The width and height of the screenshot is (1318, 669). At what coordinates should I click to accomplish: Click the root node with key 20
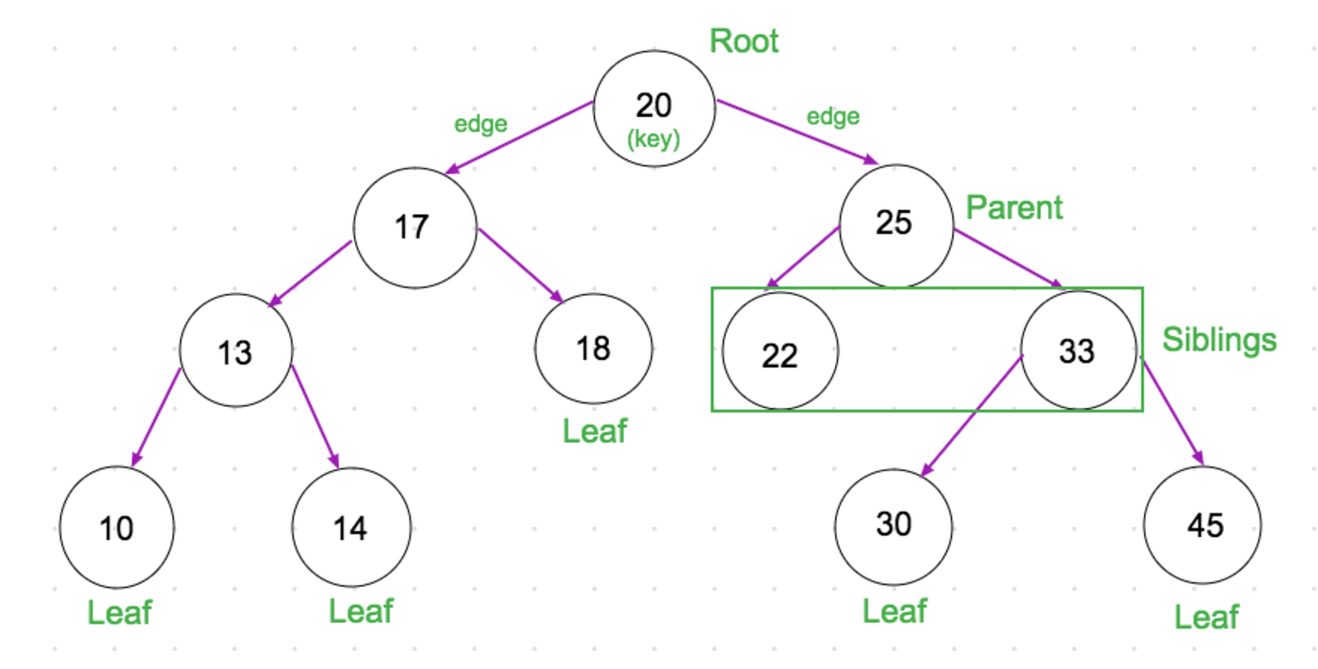click(654, 109)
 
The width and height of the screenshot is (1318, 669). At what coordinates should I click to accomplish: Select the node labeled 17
click(414, 227)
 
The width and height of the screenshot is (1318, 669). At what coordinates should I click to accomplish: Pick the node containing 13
click(235, 351)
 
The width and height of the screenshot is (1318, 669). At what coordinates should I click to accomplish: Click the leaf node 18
click(593, 350)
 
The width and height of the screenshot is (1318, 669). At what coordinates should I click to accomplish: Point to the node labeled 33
click(1079, 351)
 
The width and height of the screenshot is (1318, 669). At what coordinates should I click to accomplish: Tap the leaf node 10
click(117, 528)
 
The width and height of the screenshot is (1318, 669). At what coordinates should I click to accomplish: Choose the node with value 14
click(351, 528)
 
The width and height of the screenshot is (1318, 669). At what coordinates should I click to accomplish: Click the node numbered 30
click(893, 525)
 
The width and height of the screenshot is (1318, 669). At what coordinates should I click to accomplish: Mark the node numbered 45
click(1202, 525)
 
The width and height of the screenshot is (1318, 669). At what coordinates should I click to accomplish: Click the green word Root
click(744, 41)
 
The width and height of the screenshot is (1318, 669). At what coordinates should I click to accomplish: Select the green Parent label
click(1014, 208)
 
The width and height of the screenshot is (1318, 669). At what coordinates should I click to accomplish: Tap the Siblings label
click(1219, 339)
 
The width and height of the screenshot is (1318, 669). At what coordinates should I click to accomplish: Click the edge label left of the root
click(480, 124)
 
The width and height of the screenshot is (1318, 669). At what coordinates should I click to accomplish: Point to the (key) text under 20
click(653, 139)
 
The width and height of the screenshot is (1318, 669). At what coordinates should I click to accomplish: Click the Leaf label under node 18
click(594, 432)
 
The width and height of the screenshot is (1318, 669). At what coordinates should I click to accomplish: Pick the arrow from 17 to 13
click(311, 273)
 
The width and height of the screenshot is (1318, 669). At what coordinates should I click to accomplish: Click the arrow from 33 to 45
click(1173, 411)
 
